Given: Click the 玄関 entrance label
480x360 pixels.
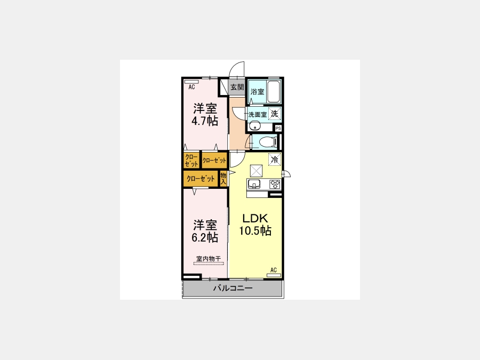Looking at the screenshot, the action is [237, 87].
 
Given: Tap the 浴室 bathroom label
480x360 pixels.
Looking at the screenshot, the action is [257, 92].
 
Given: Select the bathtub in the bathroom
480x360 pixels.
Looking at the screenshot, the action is [274, 92].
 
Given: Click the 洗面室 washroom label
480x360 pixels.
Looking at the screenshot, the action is [258, 115].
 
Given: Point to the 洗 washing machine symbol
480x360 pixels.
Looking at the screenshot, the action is [275, 114].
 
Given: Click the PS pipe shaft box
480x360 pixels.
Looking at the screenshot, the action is [278, 128].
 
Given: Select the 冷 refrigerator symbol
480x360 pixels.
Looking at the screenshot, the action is [275, 159].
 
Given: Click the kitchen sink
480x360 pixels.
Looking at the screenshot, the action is [254, 183].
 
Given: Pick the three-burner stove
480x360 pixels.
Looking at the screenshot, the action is [275, 184].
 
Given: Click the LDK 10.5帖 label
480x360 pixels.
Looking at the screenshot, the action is [255, 225].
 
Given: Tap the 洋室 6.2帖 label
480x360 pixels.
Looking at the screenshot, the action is [205, 231].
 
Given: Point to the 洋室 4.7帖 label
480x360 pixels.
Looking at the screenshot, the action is [205, 115].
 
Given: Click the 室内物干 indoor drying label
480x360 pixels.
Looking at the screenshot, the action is [209, 259].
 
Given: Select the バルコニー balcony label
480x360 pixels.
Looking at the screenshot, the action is [233, 288].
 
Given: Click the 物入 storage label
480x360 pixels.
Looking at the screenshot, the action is [223, 179].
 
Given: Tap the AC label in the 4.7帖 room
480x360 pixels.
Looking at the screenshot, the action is [191, 87].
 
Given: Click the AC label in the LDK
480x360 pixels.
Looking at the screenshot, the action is [274, 270].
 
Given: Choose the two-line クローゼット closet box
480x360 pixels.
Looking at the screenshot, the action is [191, 161].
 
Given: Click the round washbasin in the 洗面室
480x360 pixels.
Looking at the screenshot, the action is [254, 126].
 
